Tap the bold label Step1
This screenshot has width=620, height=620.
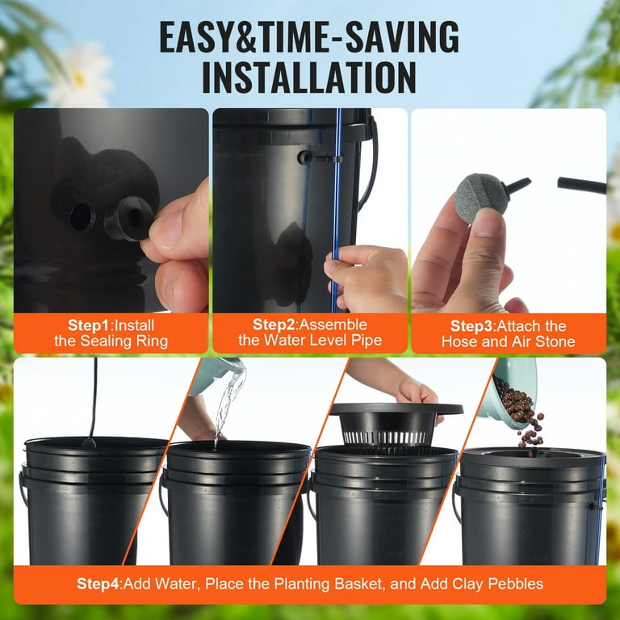tap(89, 325)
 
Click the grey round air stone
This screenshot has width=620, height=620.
tap(482, 194)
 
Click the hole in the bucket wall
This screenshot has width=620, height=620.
tap(82, 217)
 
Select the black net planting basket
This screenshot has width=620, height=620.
tap(396, 428)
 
